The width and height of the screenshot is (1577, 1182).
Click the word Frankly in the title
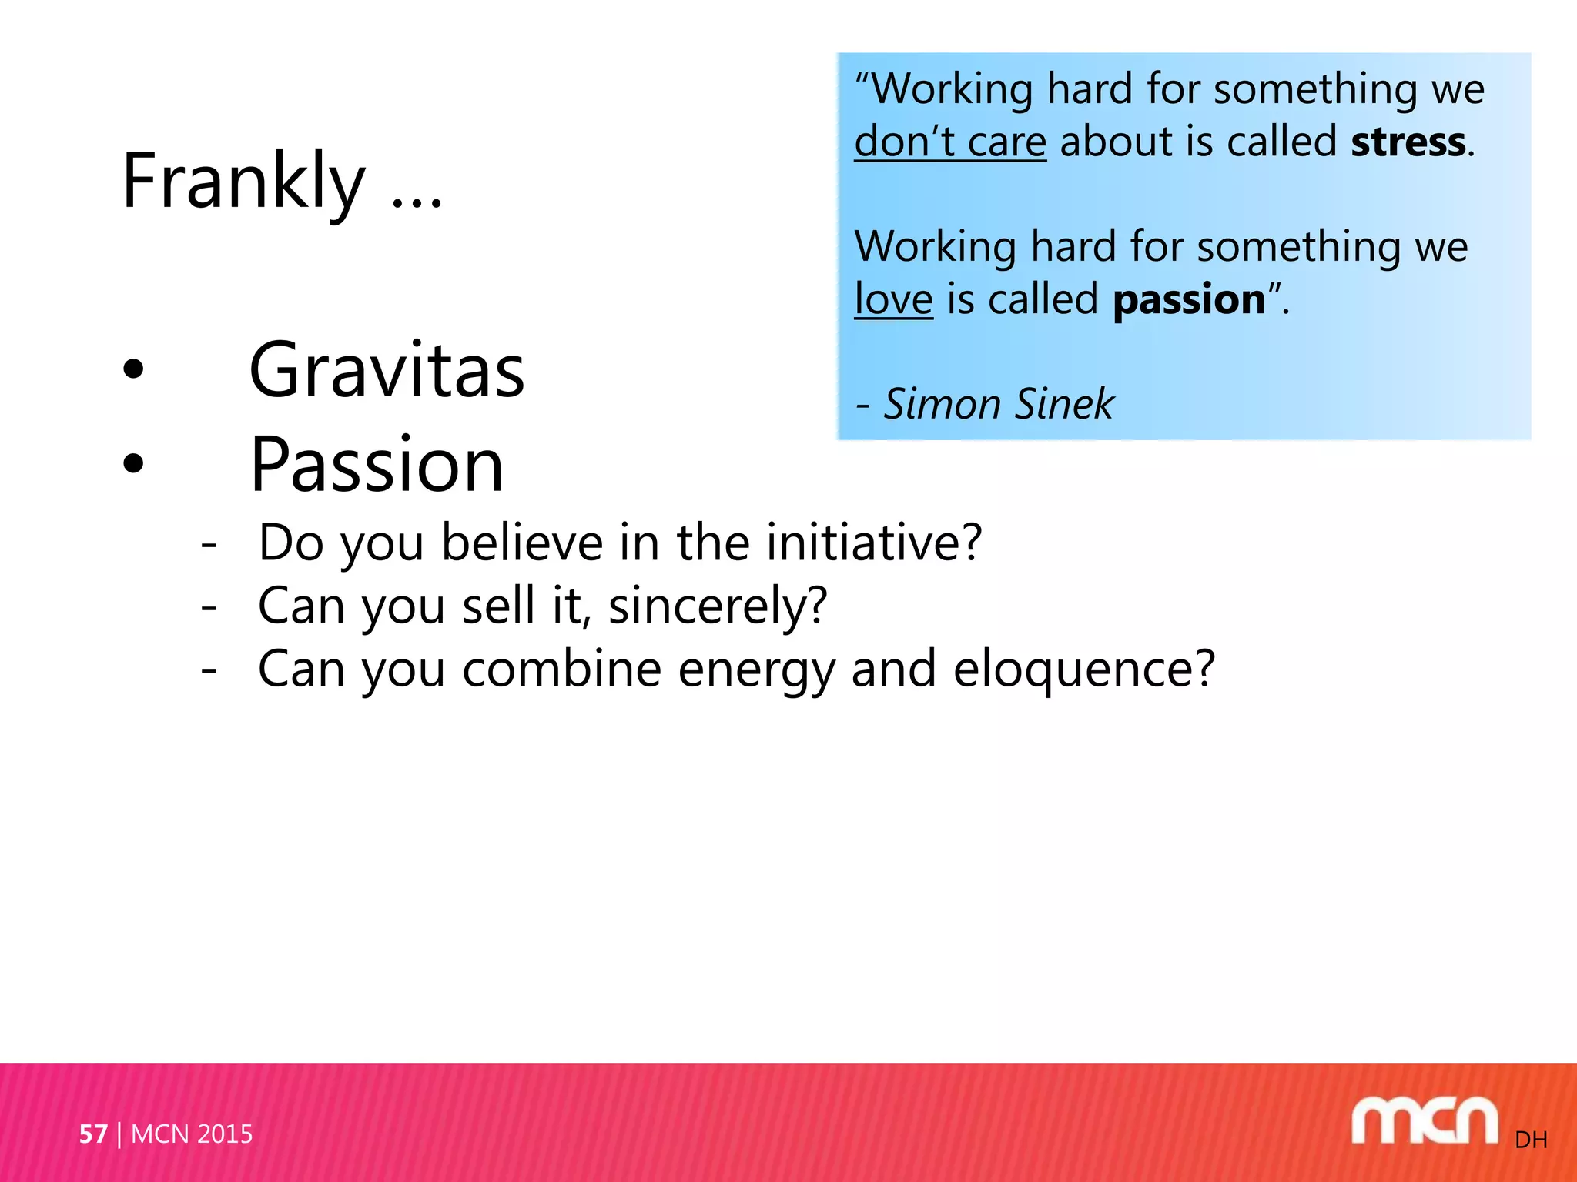[x=243, y=182]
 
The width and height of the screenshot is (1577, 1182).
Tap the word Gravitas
[x=387, y=371]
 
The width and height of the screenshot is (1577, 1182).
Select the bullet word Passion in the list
[x=377, y=465]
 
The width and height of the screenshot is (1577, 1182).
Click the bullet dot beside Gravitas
[x=133, y=369]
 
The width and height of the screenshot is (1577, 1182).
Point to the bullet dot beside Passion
[x=133, y=463]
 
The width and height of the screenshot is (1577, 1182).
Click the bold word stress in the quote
[x=1408, y=142]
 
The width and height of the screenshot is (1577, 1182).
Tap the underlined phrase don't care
[x=950, y=142]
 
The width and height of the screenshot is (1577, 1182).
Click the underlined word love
[x=893, y=299]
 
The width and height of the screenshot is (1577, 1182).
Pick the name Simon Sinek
[x=999, y=404]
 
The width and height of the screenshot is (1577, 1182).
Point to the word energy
[x=756, y=669]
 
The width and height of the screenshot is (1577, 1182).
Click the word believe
[x=521, y=543]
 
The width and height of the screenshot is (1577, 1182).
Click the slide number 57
[x=93, y=1134]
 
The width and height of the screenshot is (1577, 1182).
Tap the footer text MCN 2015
[x=192, y=1134]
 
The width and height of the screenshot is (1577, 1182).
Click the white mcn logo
[x=1424, y=1121]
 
